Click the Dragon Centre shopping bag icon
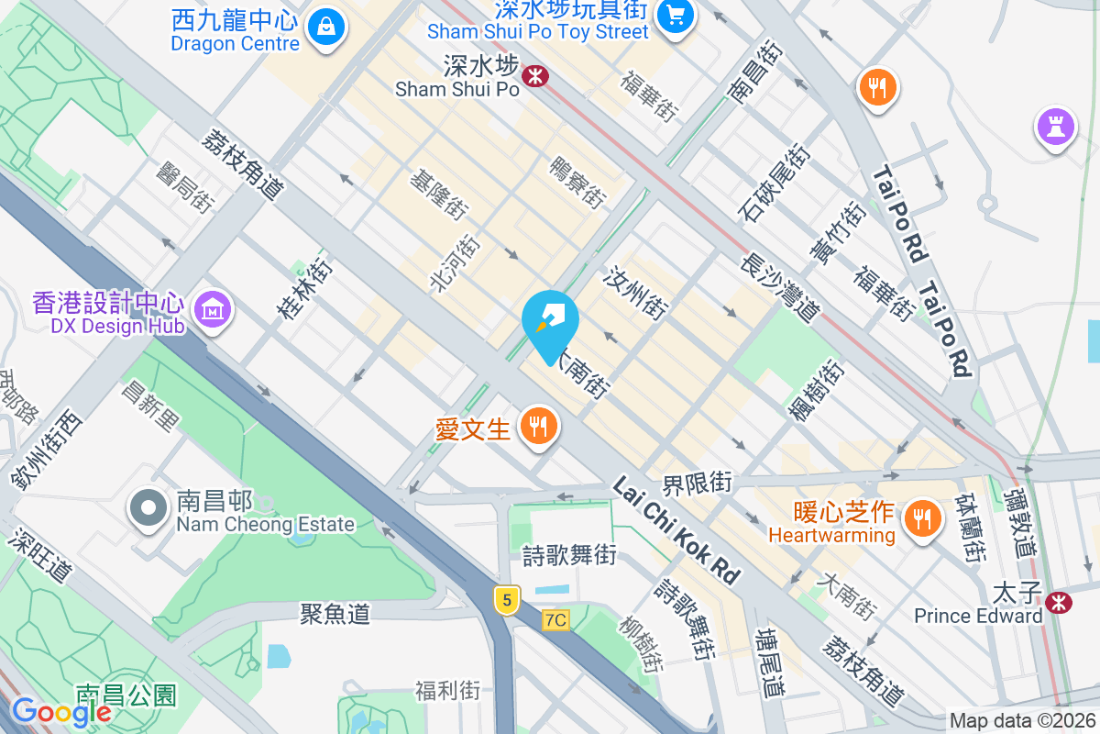coord(326,28)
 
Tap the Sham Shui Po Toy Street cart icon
coord(676,17)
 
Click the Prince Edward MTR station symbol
coord(1059,603)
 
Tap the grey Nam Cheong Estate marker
coord(147,510)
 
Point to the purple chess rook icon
coord(1056,127)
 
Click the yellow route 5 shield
coord(506,601)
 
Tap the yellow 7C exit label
coord(555,620)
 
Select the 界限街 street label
coord(698,483)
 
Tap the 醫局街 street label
coord(184,185)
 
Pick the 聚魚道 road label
coord(335,613)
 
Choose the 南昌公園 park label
coord(126,695)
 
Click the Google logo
coord(61,711)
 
